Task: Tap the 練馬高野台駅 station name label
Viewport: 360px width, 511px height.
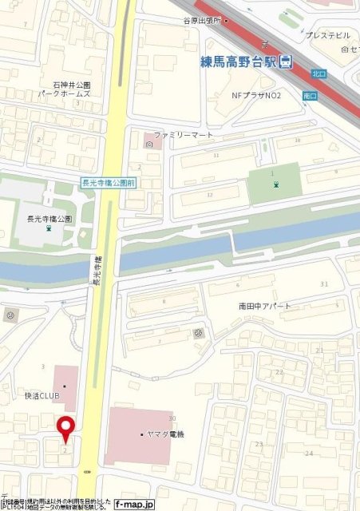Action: pos(239,61)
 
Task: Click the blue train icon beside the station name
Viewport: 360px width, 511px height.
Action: pos(286,62)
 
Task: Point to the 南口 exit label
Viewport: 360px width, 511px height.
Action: pos(311,96)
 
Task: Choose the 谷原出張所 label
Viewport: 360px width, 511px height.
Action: pos(224,21)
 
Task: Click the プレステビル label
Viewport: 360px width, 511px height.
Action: pos(328,35)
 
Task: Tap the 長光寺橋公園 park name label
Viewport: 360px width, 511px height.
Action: pos(49,219)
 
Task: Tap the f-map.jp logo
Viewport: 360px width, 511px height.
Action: pos(133,504)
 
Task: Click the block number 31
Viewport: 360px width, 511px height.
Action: pos(323,285)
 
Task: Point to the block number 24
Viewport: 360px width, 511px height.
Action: pos(309,453)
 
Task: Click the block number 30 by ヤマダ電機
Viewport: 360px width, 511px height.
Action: pos(172,418)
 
